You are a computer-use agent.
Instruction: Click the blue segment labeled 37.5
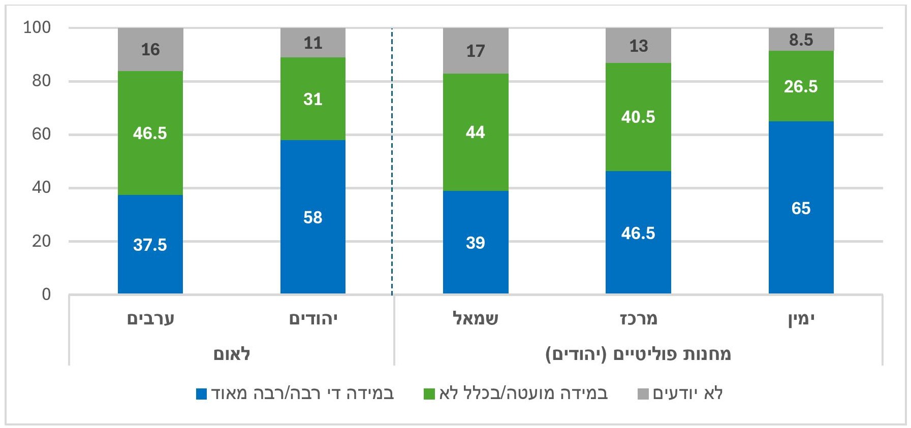point(150,244)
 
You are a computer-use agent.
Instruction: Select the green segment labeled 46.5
point(150,133)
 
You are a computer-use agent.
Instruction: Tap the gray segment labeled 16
point(150,49)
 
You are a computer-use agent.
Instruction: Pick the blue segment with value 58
point(313,217)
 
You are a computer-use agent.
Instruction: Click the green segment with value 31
point(313,98)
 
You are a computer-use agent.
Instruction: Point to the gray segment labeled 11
point(313,43)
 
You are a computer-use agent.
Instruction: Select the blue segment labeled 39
point(476,242)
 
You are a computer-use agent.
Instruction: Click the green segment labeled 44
point(476,132)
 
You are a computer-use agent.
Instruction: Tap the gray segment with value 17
point(476,51)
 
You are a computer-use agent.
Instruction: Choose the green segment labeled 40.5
point(638,117)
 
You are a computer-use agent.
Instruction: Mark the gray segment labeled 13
point(638,46)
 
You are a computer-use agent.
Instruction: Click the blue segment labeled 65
point(801,208)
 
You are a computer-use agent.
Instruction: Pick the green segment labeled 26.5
point(801,86)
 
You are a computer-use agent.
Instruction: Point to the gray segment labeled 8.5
point(801,40)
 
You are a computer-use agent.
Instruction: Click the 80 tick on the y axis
point(42,81)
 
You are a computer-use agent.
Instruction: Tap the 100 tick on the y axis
point(38,27)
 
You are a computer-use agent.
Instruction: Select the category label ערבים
point(150,319)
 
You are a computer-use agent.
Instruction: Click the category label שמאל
point(476,319)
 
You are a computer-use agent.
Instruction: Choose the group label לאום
point(232,353)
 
